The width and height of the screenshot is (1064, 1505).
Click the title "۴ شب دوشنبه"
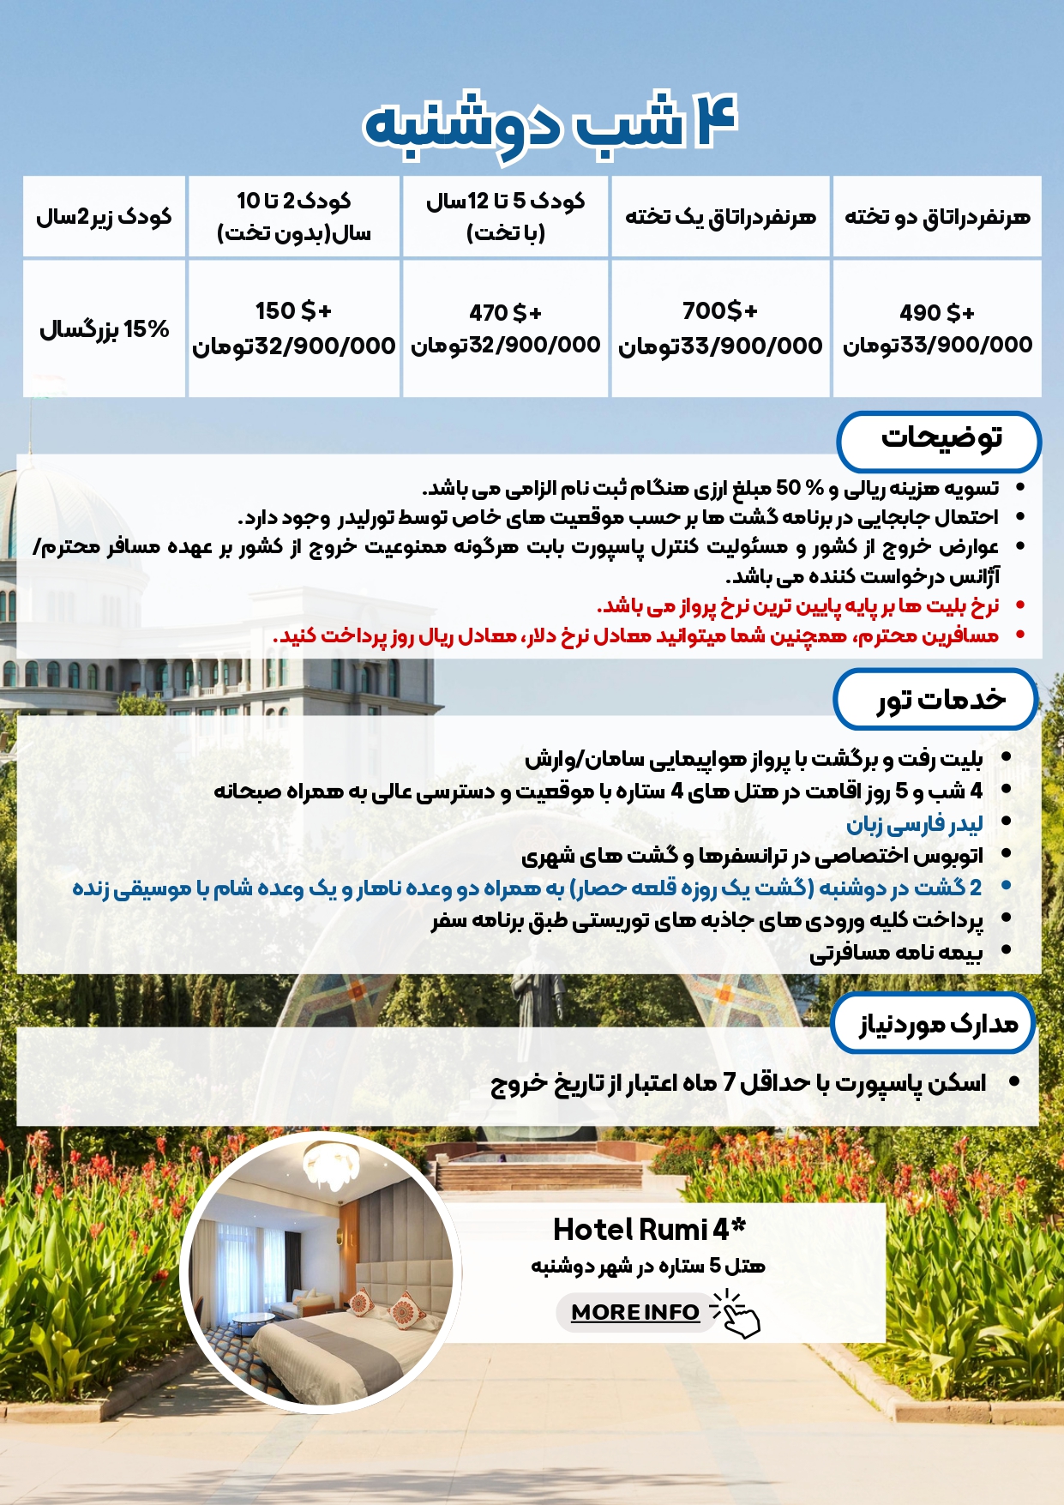pyautogui.click(x=549, y=124)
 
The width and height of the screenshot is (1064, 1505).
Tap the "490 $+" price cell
pyautogui.click(x=937, y=328)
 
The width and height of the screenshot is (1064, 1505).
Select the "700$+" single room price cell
pyautogui.click(x=720, y=328)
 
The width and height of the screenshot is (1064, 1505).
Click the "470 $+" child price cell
pyautogui.click(x=505, y=328)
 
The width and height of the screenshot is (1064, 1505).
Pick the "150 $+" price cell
pyautogui.click(x=293, y=328)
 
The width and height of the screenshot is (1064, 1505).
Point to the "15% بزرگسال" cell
pyautogui.click(x=104, y=329)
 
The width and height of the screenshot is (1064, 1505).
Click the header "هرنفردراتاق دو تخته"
pyautogui.click(x=937, y=217)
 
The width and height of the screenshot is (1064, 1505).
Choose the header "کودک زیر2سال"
pyautogui.click(x=104, y=217)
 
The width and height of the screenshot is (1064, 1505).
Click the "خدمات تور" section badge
pyautogui.click(x=937, y=700)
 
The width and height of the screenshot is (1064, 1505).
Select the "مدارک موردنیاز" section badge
pyautogui.click(x=935, y=1023)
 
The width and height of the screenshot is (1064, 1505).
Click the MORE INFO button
pyautogui.click(x=635, y=1312)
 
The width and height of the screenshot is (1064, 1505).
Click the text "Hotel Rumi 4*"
pyautogui.click(x=649, y=1230)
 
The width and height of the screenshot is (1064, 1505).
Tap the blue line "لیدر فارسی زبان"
pyautogui.click(x=914, y=824)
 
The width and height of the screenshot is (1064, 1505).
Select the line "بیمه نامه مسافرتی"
pyautogui.click(x=896, y=952)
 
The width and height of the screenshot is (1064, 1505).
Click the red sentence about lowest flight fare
pyautogui.click(x=797, y=606)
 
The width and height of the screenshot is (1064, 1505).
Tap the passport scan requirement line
pyautogui.click(x=738, y=1083)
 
